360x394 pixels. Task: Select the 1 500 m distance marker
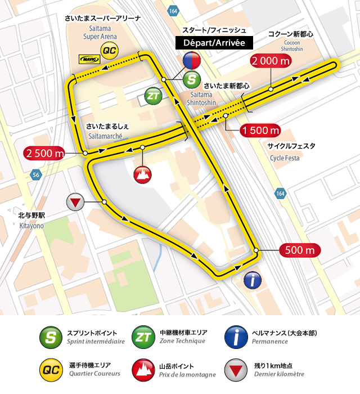tap(260, 131)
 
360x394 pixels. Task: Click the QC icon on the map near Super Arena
tap(109, 52)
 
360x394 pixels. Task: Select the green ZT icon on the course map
tap(153, 96)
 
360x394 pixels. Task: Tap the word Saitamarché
tap(109, 136)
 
